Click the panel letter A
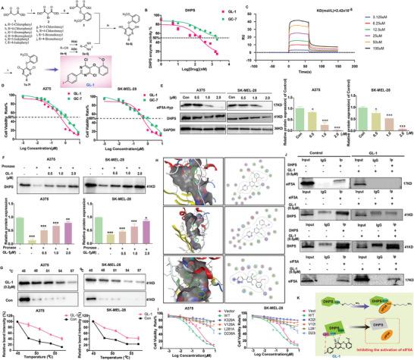tap(3, 4)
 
